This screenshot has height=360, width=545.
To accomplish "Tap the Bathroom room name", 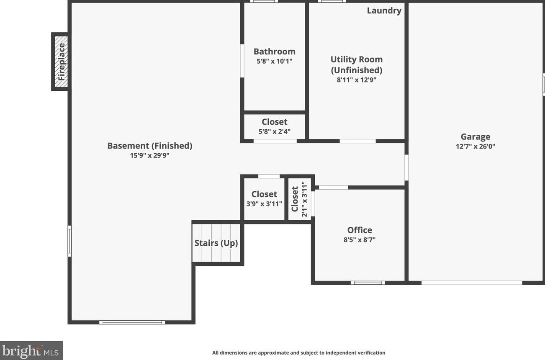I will (275, 51).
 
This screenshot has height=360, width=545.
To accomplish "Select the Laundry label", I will (384, 11).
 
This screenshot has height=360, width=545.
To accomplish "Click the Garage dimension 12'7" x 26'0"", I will (476, 147).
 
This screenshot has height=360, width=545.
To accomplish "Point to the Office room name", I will (360, 230).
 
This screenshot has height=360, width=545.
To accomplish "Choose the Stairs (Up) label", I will (216, 243).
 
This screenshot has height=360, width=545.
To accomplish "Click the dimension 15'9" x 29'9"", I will (149, 155).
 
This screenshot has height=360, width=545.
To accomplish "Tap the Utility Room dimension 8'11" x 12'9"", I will (357, 80).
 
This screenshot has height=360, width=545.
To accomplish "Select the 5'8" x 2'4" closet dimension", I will (275, 131).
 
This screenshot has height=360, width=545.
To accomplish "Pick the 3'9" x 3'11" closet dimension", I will (264, 204).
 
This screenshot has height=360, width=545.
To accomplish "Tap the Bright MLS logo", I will (31, 350).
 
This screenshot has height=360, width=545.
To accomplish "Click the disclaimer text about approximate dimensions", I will (298, 353).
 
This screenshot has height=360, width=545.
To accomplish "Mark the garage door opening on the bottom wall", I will (471, 283).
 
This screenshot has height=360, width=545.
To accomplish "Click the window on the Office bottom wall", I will (368, 283).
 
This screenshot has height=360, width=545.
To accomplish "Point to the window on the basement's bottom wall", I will (132, 322).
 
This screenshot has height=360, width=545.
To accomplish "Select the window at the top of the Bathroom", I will (264, 1).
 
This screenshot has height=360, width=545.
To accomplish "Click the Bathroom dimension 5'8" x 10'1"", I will (275, 61).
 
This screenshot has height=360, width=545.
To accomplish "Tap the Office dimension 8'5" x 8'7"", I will (360, 240).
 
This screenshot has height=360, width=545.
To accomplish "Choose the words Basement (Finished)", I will (149, 146).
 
